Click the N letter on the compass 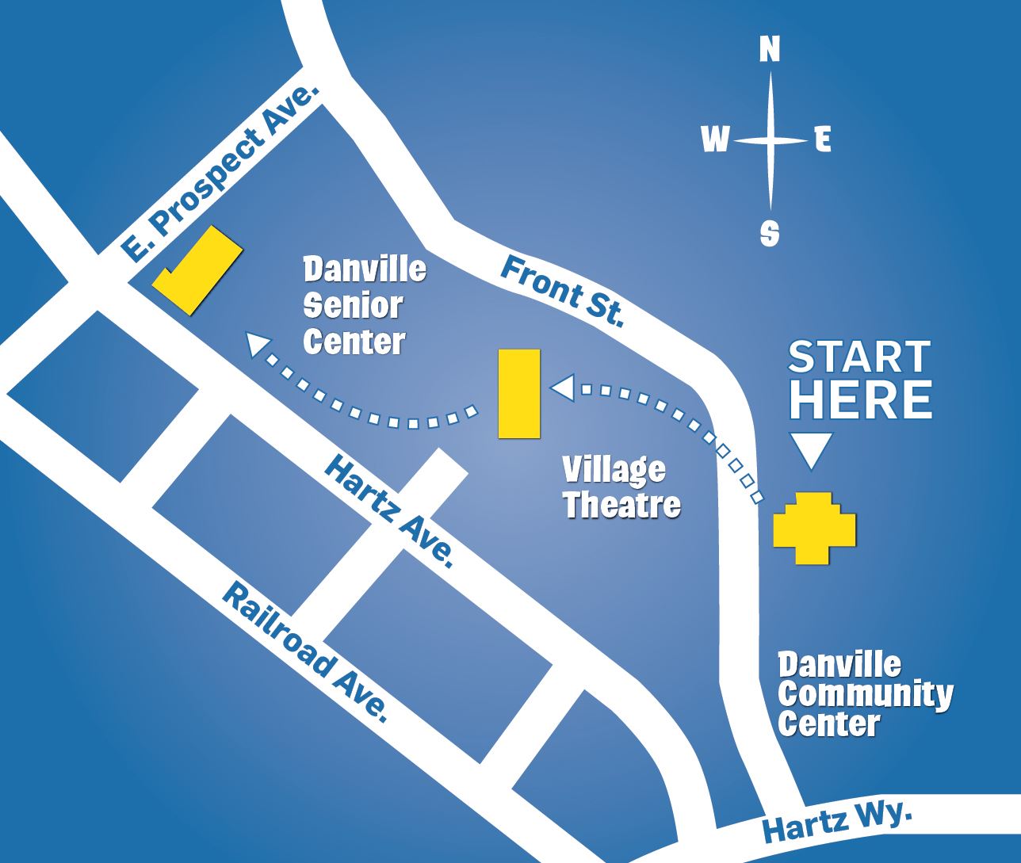click(x=769, y=49)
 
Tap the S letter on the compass click(x=769, y=232)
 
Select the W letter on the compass click(x=715, y=140)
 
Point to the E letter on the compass click(x=823, y=140)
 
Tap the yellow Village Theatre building click(x=519, y=393)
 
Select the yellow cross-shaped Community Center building click(x=815, y=528)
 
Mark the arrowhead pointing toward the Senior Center click(x=256, y=345)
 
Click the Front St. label click(x=562, y=292)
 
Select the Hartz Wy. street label click(x=837, y=823)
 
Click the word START click(x=859, y=358)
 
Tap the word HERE click(x=860, y=399)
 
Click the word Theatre click(x=621, y=505)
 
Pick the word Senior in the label click(x=354, y=305)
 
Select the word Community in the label click(x=865, y=694)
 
